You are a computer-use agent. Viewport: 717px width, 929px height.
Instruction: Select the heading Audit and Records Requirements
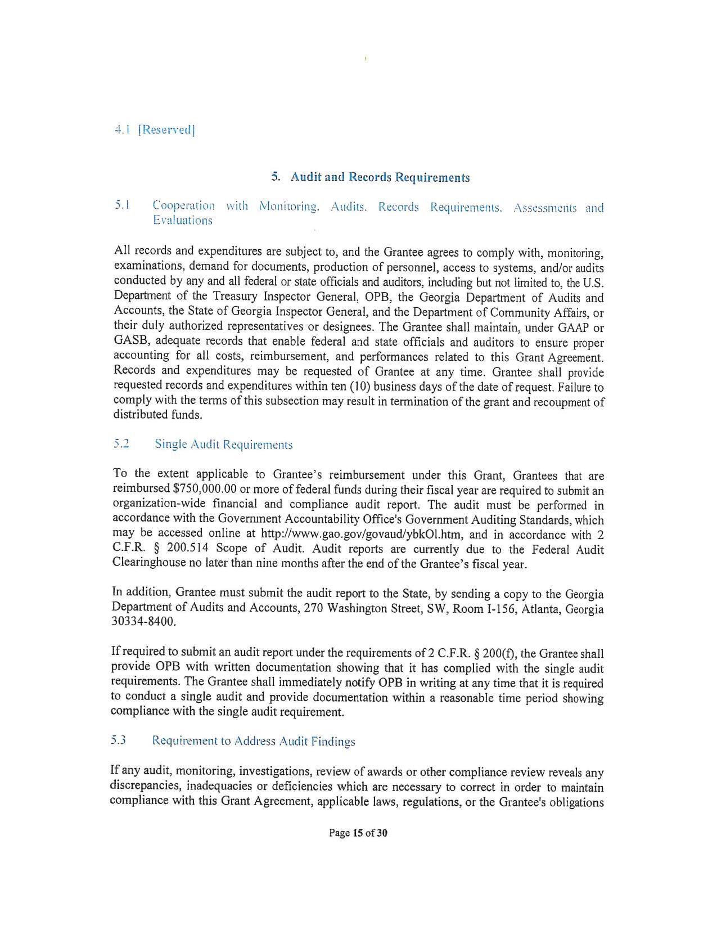pyautogui.click(x=380, y=177)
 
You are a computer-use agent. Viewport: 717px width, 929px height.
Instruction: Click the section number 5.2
pyautogui.click(x=121, y=444)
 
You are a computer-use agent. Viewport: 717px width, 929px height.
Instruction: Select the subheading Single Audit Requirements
pyautogui.click(x=223, y=445)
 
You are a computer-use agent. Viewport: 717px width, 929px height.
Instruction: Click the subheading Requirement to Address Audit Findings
pyautogui.click(x=254, y=741)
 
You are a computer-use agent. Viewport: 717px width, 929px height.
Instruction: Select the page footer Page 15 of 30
pyautogui.click(x=358, y=833)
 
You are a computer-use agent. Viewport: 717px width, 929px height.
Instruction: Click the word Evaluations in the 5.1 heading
pyautogui.click(x=182, y=221)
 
